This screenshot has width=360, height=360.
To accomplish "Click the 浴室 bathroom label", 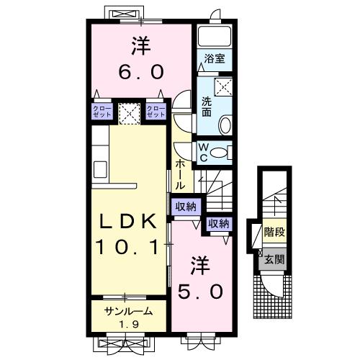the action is (215, 59).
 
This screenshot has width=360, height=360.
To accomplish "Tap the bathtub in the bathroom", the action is (215, 36).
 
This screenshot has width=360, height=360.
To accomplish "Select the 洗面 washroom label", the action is (207, 107).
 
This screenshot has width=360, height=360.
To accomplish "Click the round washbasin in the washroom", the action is (225, 125).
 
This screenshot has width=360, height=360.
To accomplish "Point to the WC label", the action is (203, 153).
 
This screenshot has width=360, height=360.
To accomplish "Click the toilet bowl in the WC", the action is (219, 153).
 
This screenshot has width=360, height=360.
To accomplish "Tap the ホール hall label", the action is (180, 174).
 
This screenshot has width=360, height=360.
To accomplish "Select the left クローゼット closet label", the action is (102, 112).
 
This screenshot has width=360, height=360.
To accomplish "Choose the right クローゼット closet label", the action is (156, 112).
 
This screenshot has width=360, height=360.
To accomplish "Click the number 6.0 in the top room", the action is (141, 72).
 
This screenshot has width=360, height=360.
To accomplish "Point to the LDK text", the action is (128, 221).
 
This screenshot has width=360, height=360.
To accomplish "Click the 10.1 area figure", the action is (127, 247).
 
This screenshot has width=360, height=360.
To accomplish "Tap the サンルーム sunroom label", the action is (129, 312).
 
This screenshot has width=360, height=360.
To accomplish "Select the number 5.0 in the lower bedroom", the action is (200, 292).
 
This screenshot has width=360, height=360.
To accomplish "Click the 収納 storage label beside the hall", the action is (186, 207).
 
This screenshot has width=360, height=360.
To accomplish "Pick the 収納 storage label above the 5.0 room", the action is (219, 224).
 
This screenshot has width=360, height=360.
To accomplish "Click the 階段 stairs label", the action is (274, 232).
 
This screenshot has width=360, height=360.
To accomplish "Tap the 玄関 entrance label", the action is (274, 259).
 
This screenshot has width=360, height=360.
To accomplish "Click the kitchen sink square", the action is (100, 169).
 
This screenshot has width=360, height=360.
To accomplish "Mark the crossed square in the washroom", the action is (223, 87).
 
